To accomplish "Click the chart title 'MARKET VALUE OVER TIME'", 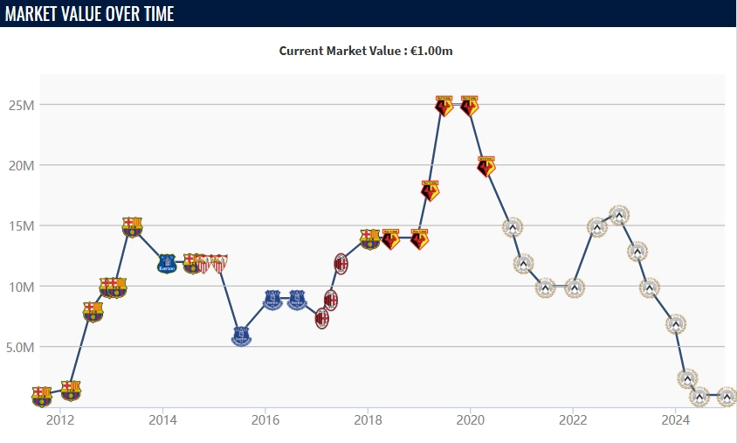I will click(89, 14).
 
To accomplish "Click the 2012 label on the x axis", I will click(60, 419).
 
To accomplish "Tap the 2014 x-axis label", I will click(162, 419).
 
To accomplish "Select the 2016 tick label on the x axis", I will click(265, 419).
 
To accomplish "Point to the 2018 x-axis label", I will click(368, 419).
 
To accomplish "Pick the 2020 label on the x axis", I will click(471, 419).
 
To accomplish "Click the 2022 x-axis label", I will click(573, 419).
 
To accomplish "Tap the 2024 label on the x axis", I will click(676, 419).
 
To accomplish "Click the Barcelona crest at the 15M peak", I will click(132, 227).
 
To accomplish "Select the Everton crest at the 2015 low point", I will click(241, 336).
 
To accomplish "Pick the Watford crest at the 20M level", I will click(486, 166).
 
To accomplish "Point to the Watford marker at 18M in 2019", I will click(430, 190).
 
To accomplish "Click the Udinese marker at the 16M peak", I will click(619, 215).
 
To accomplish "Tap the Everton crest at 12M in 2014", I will click(167, 263).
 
